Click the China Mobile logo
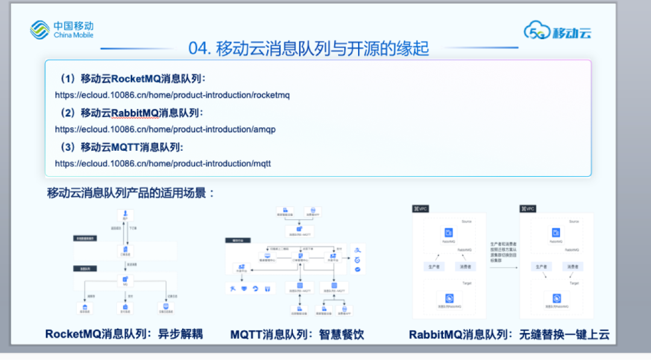click(62, 30)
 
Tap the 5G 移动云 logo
click(557, 31)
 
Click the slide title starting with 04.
click(309, 48)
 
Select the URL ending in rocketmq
click(172, 95)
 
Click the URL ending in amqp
click(165, 129)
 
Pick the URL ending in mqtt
click(163, 163)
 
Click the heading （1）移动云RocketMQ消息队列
click(132, 78)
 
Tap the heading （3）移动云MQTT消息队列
click(121, 147)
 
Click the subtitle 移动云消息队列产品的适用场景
click(131, 194)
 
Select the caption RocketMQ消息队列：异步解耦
click(124, 334)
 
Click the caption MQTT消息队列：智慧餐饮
click(297, 334)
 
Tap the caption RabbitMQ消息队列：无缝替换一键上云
click(509, 334)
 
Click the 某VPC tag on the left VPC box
click(420, 209)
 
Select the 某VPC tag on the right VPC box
click(527, 209)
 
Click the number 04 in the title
click(198, 48)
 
